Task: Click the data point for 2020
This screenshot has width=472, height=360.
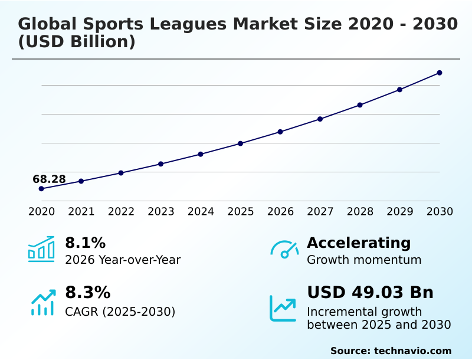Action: pos(41,189)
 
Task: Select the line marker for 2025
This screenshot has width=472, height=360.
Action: pos(241,143)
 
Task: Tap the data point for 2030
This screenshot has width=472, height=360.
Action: pos(440,73)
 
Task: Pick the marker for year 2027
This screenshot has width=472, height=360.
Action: pos(320,119)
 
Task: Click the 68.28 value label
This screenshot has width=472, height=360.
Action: pos(49,179)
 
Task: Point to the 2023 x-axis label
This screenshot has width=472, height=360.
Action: pos(161,212)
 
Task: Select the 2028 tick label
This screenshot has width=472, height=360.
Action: pos(360,212)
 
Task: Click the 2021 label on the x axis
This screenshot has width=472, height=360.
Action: pos(81,212)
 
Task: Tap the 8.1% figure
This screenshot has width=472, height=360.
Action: pos(85,243)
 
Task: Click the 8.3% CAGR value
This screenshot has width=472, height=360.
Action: pos(87,293)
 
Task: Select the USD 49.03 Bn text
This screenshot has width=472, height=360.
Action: pos(370,293)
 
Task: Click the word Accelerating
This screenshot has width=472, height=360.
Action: pos(358,243)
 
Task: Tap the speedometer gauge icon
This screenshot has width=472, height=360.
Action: pos(284,249)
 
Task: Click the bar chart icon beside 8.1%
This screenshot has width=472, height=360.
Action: pos(41,249)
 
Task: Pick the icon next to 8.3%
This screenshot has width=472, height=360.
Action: pos(42,302)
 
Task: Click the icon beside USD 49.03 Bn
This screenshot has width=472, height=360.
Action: pos(283,308)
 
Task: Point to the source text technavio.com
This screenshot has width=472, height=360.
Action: pos(412,351)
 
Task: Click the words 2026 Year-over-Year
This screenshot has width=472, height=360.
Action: pos(123,260)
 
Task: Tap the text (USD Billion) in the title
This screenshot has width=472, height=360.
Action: pos(77,42)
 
